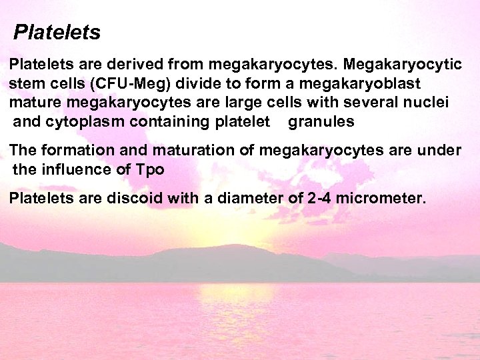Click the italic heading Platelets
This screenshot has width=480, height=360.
(57, 32)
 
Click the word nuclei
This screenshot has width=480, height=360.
(429, 103)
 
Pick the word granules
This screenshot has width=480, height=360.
(321, 122)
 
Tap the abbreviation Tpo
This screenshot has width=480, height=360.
(149, 169)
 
